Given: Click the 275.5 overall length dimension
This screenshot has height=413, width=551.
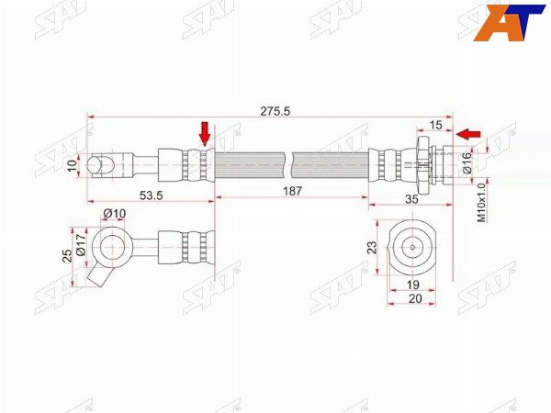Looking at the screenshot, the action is click(275, 111).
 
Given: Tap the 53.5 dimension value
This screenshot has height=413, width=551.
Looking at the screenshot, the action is click(152, 195).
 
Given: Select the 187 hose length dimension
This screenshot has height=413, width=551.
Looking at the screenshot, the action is click(292, 191).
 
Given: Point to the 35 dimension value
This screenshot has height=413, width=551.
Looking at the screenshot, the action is click(411, 199).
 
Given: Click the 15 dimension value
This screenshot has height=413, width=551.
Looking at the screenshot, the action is click(435, 125).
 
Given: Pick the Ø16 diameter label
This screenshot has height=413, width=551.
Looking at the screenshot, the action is click(467, 163).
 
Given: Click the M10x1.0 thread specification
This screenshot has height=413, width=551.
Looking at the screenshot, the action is click(481, 203).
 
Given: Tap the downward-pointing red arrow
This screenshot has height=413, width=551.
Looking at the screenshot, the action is click(204, 133).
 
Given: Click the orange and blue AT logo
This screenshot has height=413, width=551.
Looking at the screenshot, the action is click(509, 23).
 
